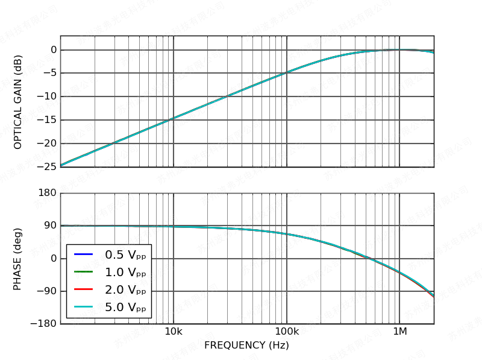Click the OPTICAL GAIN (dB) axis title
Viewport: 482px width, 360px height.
click(x=18, y=101)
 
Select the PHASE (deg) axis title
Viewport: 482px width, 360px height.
click(x=18, y=259)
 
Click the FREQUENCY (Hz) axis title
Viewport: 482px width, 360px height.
click(x=246, y=345)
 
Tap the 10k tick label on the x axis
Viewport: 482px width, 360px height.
click(x=174, y=332)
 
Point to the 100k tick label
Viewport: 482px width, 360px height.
click(x=287, y=332)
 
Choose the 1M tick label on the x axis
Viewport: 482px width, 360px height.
click(x=399, y=332)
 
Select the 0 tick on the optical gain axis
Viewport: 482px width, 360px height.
click(x=53, y=49)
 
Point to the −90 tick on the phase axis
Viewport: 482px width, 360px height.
click(x=48, y=291)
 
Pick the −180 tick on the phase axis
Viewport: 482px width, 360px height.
click(x=46, y=324)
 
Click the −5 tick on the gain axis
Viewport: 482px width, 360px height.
click(x=51, y=73)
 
